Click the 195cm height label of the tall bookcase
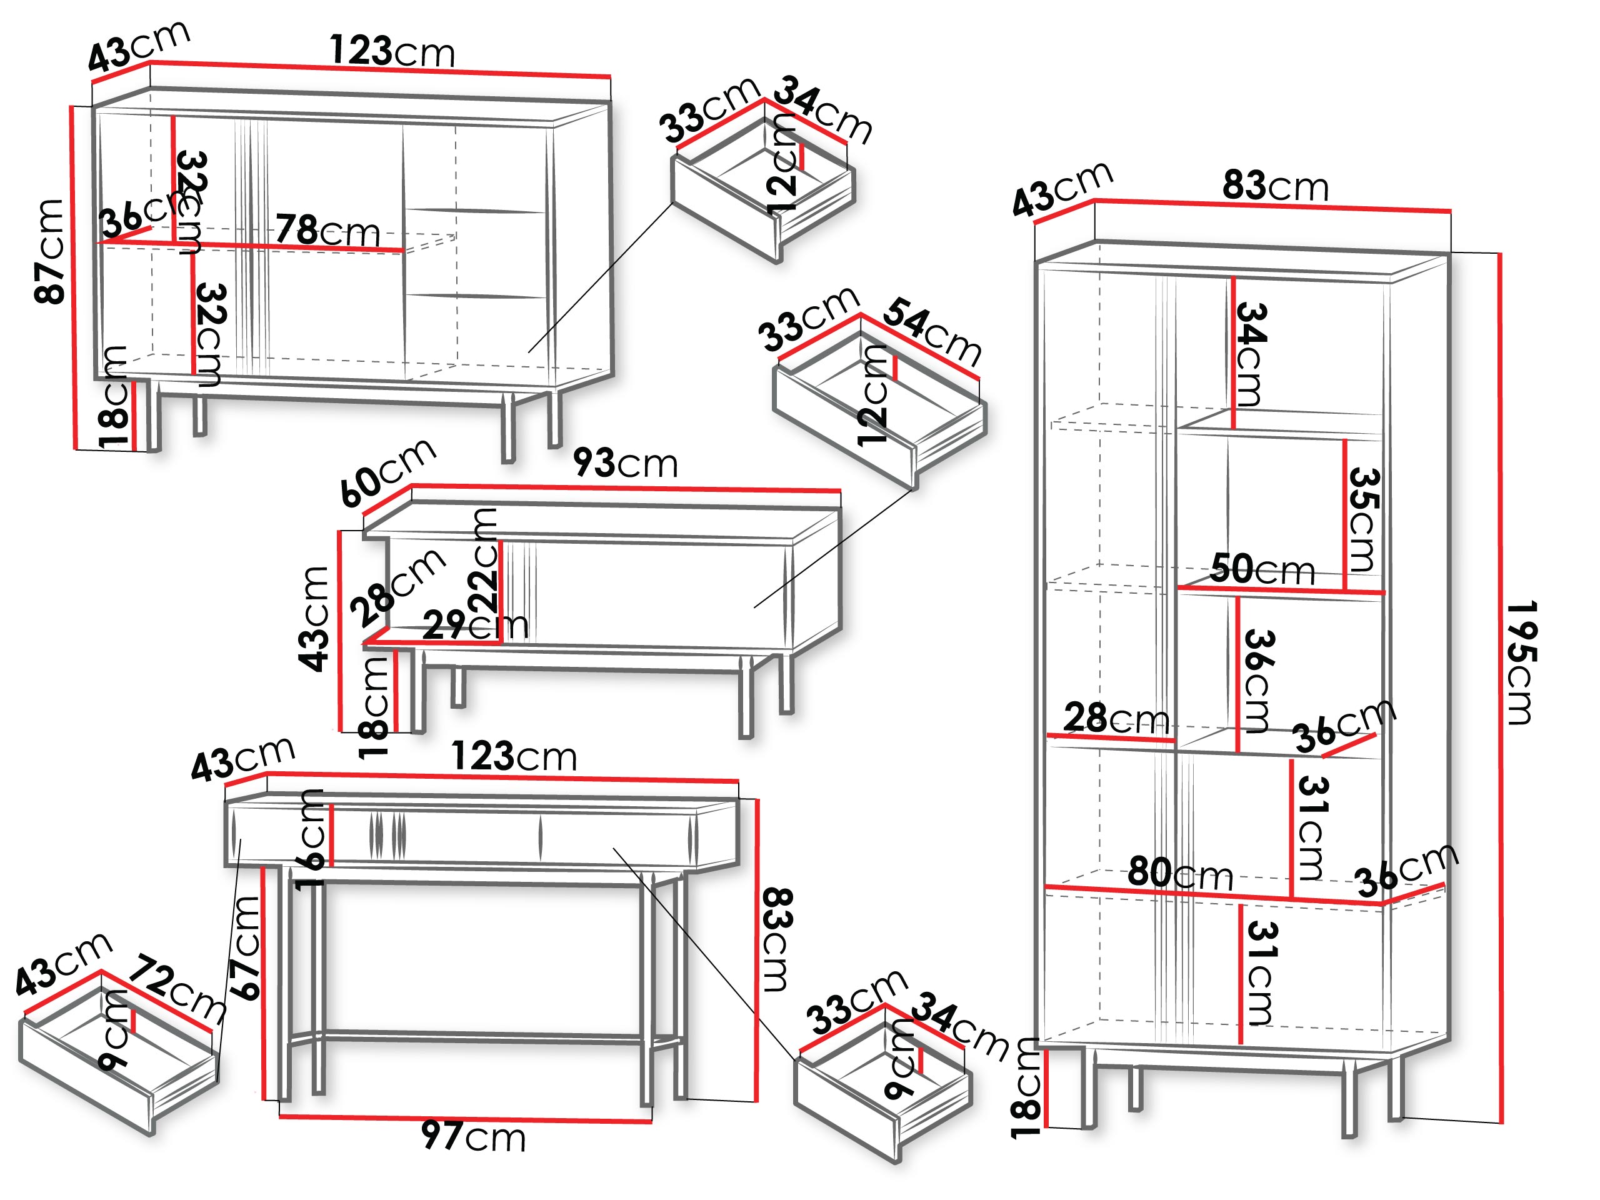[1522, 662]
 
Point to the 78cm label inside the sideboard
[327, 231]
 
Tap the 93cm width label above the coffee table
[626, 463]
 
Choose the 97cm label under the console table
[474, 1136]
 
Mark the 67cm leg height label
[244, 947]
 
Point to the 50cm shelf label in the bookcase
[1262, 569]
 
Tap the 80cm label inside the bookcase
[1181, 872]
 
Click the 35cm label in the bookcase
[1364, 519]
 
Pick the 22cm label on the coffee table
[483, 559]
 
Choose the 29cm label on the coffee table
[475, 626]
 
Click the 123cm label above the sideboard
[392, 51]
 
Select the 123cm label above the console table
[514, 757]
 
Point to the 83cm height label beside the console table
[777, 939]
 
